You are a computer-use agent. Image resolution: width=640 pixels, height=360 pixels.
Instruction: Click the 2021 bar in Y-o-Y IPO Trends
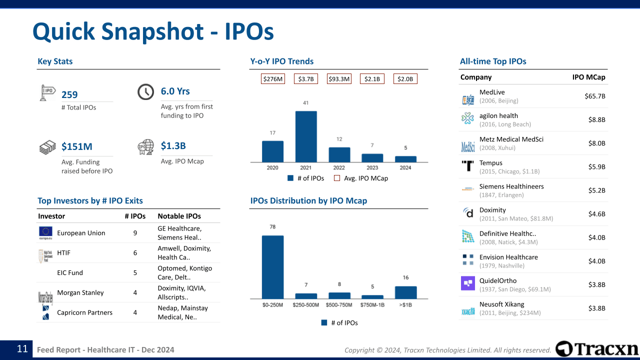tap(306, 136)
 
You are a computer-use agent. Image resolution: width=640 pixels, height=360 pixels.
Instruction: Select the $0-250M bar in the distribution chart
tap(272, 266)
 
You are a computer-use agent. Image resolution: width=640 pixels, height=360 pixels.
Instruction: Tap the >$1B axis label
tap(405, 304)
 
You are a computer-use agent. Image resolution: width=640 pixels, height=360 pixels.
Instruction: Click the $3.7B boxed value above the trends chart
tap(306, 79)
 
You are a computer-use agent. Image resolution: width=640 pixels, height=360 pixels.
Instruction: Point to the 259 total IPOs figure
tap(69, 95)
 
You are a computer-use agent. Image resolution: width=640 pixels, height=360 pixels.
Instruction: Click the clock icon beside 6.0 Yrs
tap(145, 92)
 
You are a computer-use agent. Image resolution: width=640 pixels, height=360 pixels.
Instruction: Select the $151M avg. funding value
tap(76, 146)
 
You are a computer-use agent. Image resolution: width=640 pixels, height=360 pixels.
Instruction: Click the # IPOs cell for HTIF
tap(135, 253)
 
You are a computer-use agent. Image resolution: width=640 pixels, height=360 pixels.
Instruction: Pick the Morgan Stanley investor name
tap(80, 292)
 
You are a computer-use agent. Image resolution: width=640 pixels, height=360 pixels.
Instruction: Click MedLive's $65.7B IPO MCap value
tap(594, 96)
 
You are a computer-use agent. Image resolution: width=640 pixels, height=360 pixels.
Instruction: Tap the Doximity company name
tap(492, 210)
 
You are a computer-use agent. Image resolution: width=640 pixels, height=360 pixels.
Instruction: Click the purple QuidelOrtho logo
tap(467, 283)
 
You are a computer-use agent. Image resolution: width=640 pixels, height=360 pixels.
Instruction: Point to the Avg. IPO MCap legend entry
tap(360, 178)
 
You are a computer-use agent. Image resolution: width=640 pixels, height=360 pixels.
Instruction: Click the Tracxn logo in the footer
tap(597, 349)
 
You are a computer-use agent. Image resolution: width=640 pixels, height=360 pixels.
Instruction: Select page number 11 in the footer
tap(22, 349)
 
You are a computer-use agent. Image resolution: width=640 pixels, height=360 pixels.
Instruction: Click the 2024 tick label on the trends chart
tap(405, 167)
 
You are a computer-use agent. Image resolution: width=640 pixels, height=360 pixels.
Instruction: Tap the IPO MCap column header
tap(588, 77)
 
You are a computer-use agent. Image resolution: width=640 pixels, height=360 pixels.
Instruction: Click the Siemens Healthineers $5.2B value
tap(596, 190)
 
